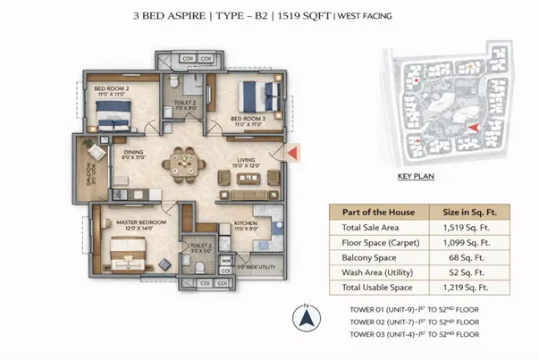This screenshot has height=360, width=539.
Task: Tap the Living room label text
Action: point(245,161)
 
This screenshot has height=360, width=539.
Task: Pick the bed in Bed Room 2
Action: point(114,113)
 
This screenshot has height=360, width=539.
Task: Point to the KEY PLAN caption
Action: point(416,177)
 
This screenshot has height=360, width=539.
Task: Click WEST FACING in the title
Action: point(367,16)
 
